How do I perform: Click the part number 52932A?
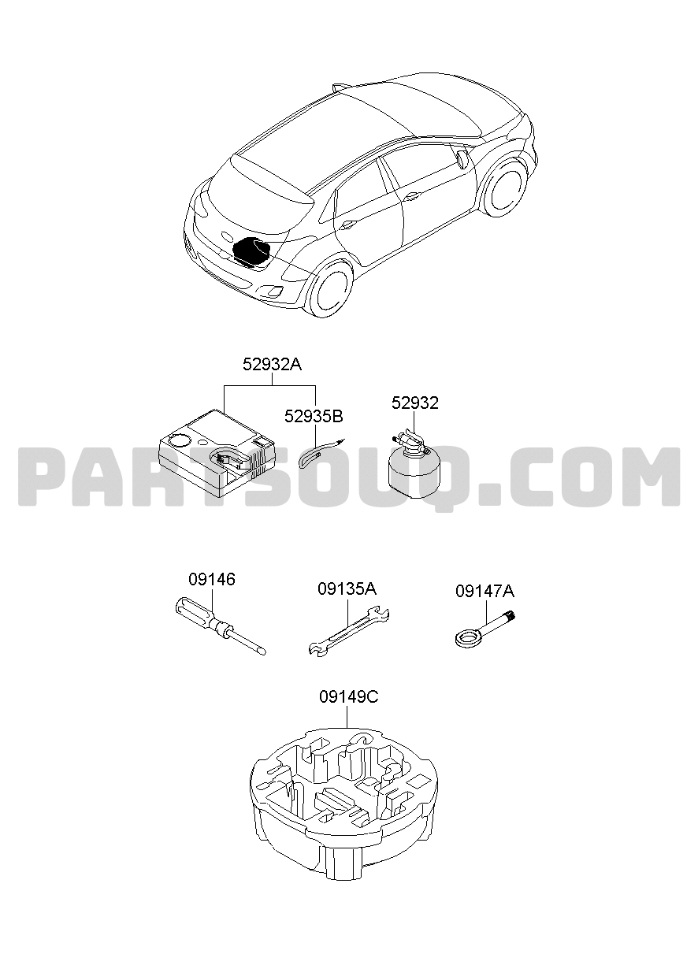point(272,365)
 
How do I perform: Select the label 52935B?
point(314,416)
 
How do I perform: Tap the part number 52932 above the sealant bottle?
point(415,403)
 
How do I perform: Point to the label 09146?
point(212,579)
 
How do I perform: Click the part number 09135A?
point(347,589)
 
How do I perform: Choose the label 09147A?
point(485,591)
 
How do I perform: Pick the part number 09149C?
point(349,697)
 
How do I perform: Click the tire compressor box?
point(217,453)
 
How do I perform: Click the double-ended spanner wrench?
point(348,631)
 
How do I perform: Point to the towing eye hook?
point(485,629)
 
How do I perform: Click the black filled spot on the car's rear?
point(251,251)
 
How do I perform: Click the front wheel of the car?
point(506,187)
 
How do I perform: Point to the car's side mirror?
point(462,158)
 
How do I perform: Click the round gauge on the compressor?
point(179,439)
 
